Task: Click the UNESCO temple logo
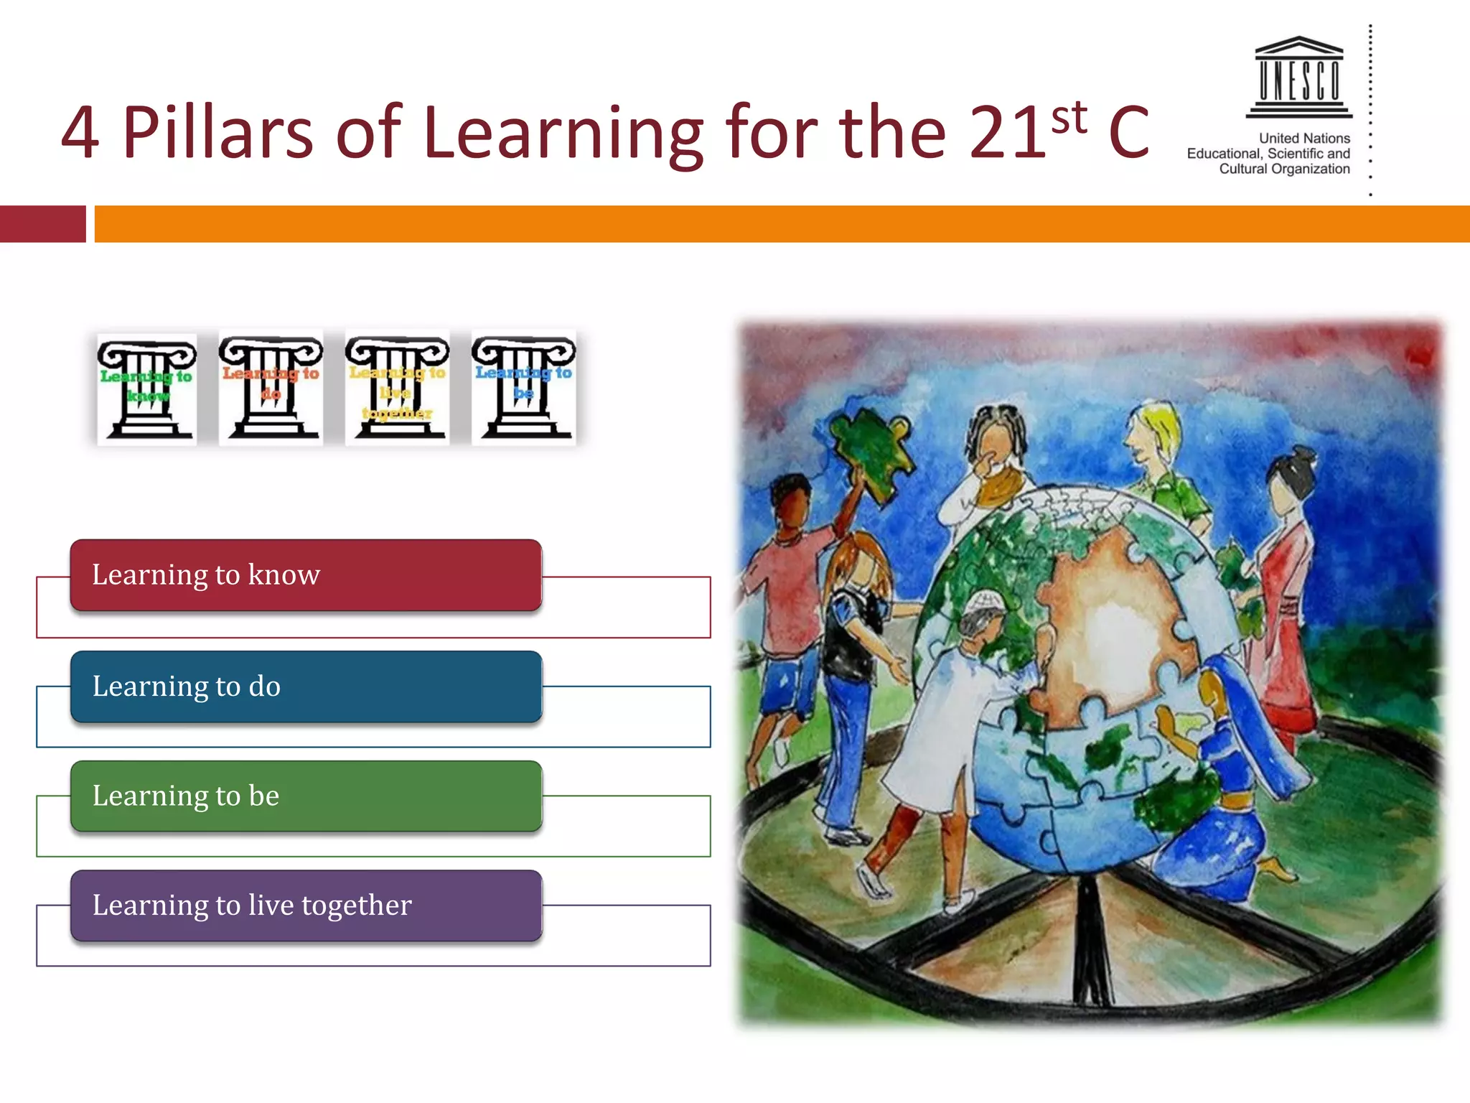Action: pos(1299,77)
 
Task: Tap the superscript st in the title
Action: pos(1069,118)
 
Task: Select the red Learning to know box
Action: pos(306,575)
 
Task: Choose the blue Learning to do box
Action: pos(306,687)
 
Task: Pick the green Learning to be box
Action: pos(306,796)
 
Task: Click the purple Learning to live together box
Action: pos(306,906)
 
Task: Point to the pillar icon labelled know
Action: pos(147,388)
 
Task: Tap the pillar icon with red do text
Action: pos(271,387)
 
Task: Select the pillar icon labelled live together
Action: pos(397,387)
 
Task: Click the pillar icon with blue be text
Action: pos(523,387)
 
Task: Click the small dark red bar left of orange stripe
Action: pos(42,224)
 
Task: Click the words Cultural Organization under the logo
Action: pos(1284,169)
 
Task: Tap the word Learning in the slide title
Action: pos(563,133)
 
